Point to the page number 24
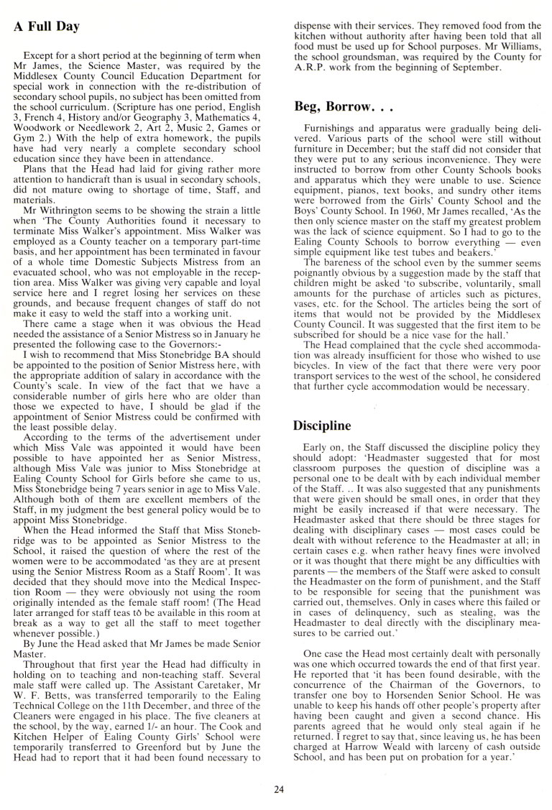tap(280, 790)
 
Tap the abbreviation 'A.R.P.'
tap(310, 68)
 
